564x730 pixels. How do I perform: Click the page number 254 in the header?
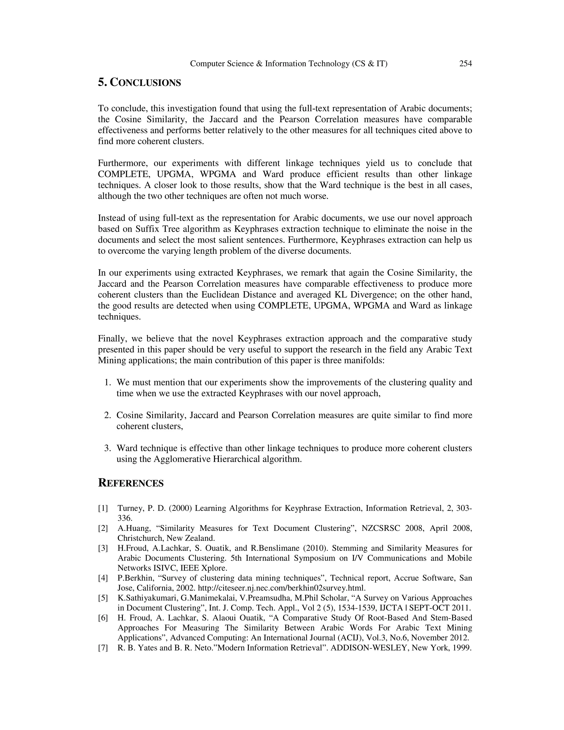465,64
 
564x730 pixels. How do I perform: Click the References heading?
131,483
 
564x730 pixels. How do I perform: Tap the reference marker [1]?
103,509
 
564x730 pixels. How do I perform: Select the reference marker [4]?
103,578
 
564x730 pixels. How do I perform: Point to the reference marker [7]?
103,648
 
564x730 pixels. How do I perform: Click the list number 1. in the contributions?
108,382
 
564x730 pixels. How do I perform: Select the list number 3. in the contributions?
108,448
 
